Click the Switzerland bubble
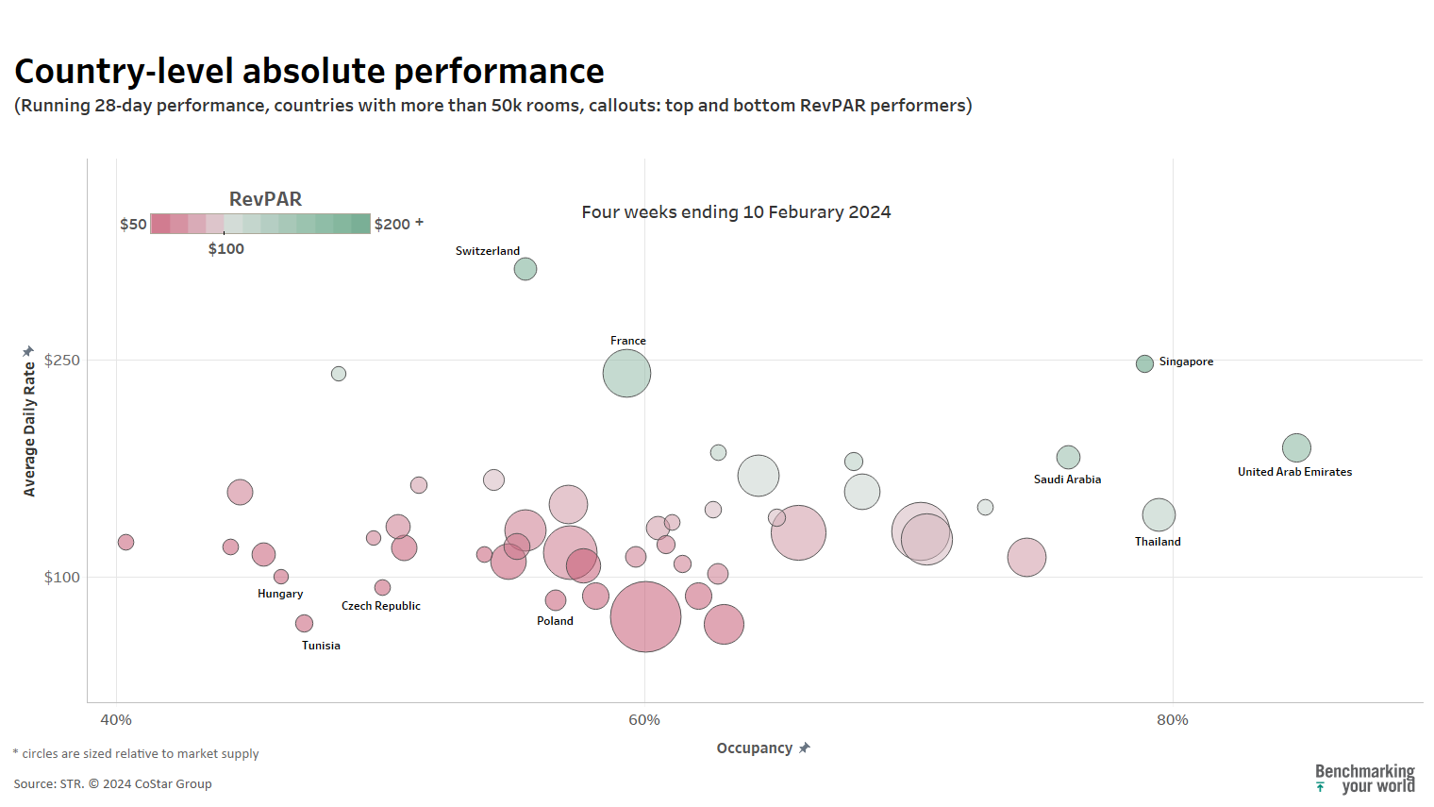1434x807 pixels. pos(525,269)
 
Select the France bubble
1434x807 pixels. pos(626,373)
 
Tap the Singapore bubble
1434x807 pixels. pos(1144,363)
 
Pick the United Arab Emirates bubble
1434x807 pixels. pos(1296,447)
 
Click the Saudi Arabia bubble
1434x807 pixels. pos(1068,457)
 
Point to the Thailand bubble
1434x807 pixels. pos(1159,514)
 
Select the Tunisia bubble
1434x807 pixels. pos(304,623)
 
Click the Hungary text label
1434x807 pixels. pos(280,594)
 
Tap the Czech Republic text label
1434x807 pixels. pos(381,606)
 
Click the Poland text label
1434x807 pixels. pos(555,621)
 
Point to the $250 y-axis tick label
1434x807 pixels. pos(62,361)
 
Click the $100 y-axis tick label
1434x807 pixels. pos(62,578)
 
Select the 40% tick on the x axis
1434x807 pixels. pos(116,720)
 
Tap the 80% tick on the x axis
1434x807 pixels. pos(1173,720)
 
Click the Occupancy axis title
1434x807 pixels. pos(755,748)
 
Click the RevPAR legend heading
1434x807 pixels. pos(265,199)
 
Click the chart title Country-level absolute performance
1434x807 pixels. pos(309,72)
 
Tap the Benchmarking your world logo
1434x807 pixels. pos(1365,779)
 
